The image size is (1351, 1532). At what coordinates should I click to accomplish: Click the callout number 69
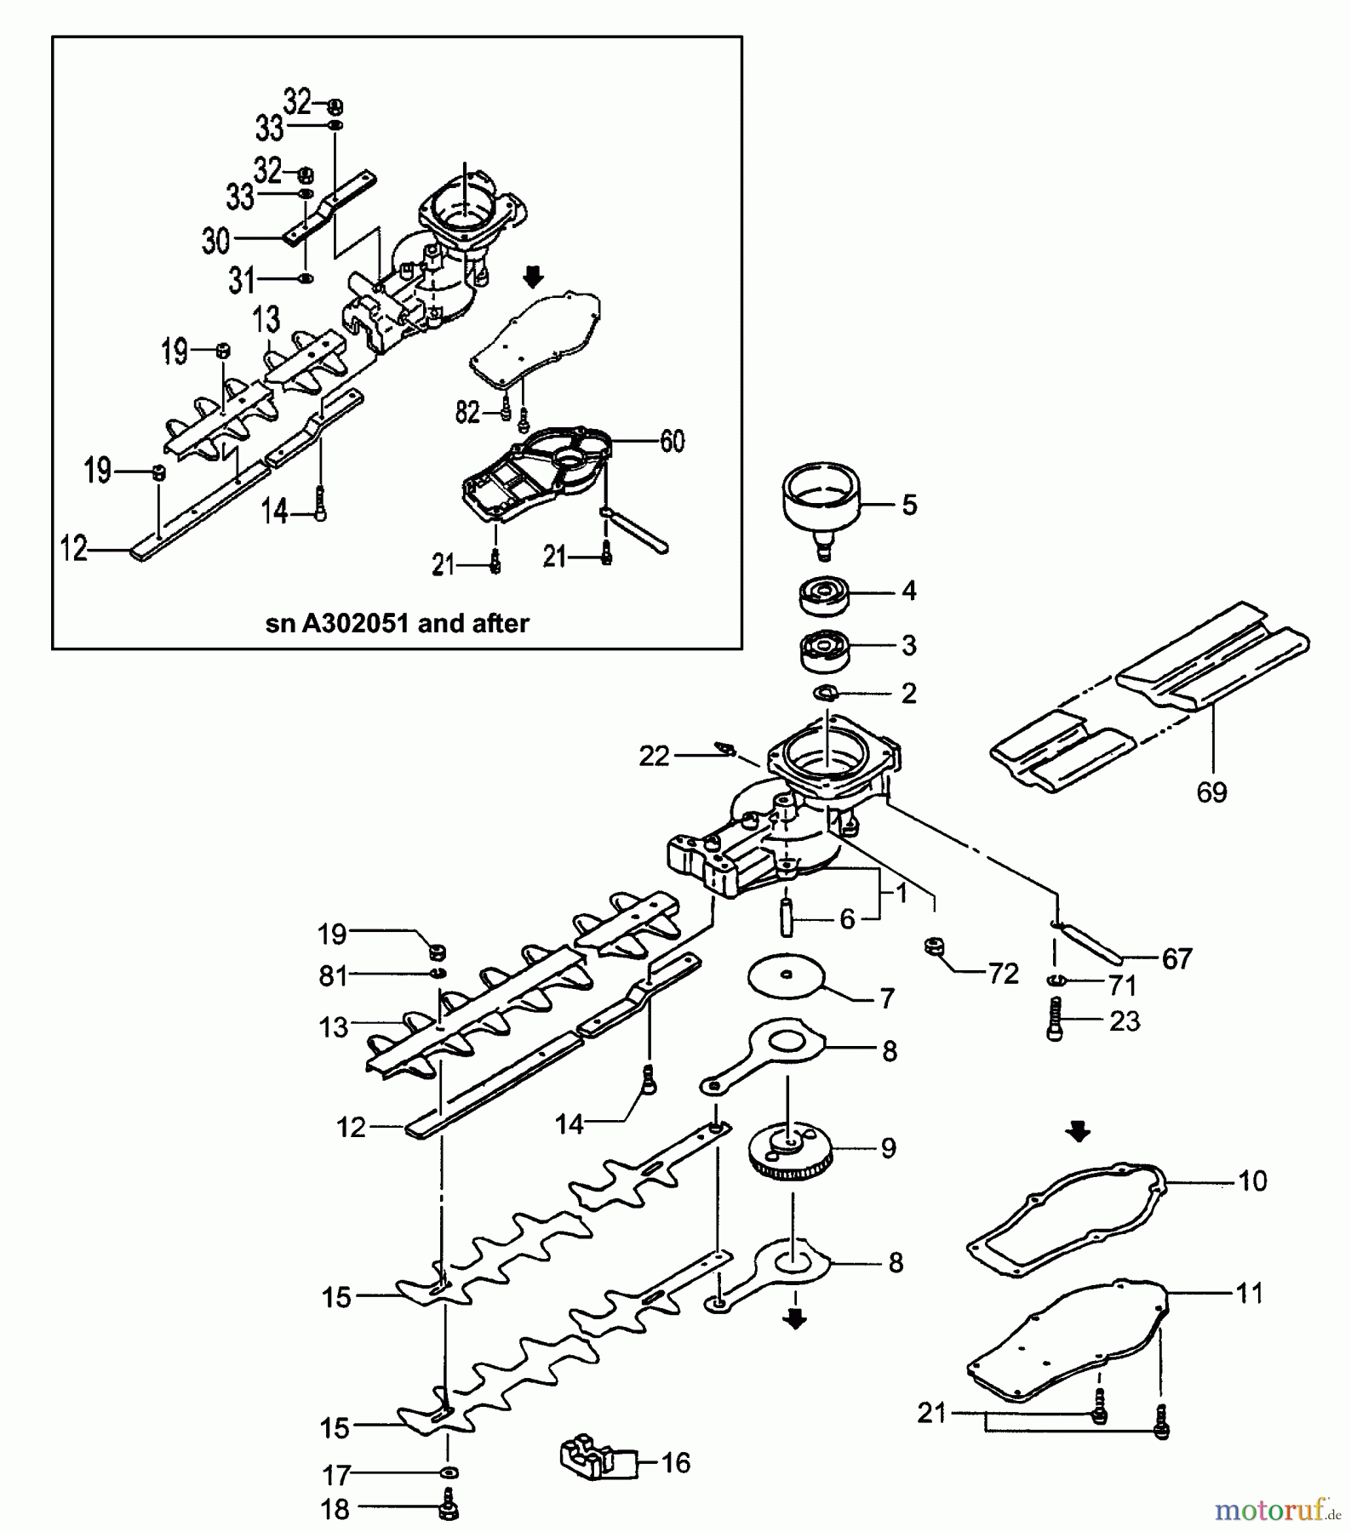(1211, 792)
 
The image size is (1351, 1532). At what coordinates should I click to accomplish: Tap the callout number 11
(1249, 1294)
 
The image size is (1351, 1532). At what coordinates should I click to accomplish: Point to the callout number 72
(1004, 974)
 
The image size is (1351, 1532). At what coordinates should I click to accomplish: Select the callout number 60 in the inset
(672, 442)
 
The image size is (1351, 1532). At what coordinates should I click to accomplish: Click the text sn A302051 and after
(398, 623)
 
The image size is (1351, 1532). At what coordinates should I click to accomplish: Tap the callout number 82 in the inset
(467, 413)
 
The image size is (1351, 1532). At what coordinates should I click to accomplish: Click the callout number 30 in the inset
(215, 241)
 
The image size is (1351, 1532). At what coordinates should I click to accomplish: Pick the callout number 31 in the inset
(241, 280)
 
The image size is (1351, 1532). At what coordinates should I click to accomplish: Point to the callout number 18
(335, 1509)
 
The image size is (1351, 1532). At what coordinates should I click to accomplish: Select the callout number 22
(654, 756)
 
